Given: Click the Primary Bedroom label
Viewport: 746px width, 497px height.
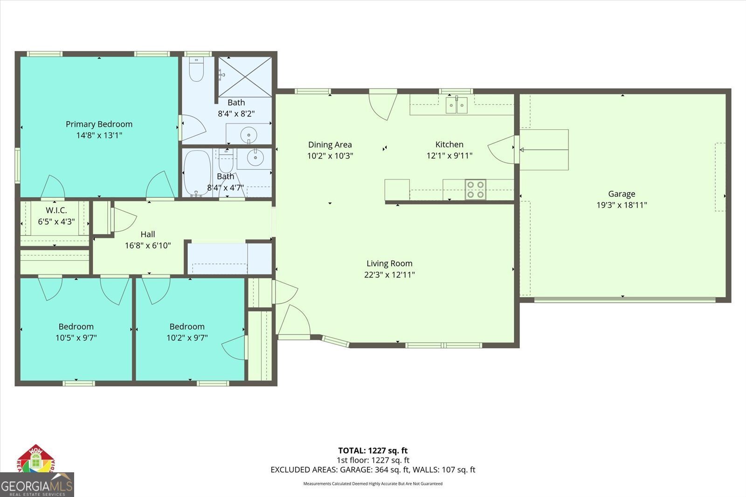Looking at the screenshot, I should click(99, 124).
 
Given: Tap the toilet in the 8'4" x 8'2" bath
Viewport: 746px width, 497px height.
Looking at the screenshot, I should click(196, 70).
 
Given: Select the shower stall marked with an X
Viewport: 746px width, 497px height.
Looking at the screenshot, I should click(245, 77).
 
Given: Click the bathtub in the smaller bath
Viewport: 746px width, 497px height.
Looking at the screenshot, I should click(197, 173).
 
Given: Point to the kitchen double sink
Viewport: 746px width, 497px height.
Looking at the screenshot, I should click(456, 105).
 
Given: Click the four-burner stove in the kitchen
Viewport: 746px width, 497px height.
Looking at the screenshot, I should click(475, 189).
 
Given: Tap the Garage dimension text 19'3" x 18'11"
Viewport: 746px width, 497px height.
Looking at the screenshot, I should click(622, 205).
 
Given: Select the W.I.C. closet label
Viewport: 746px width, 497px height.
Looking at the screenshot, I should click(56, 211).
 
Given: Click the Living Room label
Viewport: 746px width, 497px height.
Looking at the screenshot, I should click(389, 263).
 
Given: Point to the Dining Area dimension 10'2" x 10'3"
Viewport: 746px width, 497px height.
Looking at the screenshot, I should click(330, 156).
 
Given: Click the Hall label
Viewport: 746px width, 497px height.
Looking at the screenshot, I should click(148, 234).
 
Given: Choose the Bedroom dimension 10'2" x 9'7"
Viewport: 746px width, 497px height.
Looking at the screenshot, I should click(187, 338).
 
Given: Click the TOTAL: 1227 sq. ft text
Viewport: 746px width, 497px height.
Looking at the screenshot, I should click(373, 450).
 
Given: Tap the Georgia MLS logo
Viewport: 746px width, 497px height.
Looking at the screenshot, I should click(36, 485).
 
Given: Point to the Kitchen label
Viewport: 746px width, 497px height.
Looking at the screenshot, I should click(449, 145).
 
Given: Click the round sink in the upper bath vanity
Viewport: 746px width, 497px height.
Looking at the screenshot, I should click(249, 136).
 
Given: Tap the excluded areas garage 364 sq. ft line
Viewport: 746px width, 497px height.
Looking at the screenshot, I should click(373, 469).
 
